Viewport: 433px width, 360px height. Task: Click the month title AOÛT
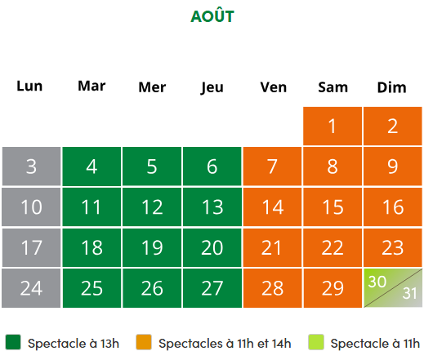(x=212, y=16)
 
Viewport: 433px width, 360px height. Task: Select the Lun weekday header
(x=29, y=86)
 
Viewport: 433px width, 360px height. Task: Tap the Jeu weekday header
(x=212, y=87)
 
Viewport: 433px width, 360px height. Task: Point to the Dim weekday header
(x=392, y=87)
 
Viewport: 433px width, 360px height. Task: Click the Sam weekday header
(x=333, y=87)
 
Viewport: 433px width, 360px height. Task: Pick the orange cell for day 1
(x=333, y=126)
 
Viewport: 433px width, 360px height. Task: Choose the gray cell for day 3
(x=31, y=167)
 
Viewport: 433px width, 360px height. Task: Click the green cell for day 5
(x=152, y=167)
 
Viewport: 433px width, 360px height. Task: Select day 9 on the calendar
(x=393, y=167)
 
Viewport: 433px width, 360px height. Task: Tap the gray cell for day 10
(x=31, y=207)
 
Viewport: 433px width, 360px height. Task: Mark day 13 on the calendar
(x=212, y=207)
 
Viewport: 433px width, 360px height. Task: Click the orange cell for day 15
(x=333, y=207)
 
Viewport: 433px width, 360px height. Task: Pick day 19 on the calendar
(x=152, y=247)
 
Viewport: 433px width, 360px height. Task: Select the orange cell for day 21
(x=272, y=247)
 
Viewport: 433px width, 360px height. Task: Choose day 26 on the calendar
(x=152, y=288)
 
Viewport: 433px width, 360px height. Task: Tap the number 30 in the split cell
(x=377, y=282)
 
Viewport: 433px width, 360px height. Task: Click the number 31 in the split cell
(x=409, y=293)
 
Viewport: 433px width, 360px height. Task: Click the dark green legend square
(x=13, y=342)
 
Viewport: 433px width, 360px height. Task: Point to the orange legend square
(x=144, y=342)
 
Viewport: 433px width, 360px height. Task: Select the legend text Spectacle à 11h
(x=375, y=344)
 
